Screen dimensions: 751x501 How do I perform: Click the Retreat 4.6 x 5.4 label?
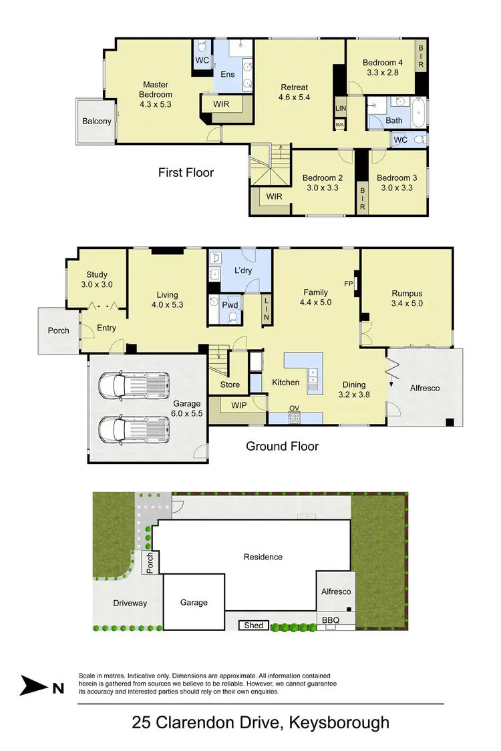(x=294, y=92)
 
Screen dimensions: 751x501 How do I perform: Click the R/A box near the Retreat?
(x=339, y=124)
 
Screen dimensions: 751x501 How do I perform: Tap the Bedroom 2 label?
(x=323, y=182)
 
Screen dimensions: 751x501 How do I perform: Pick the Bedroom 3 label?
(x=397, y=182)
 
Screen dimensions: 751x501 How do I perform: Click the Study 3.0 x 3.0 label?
(x=97, y=280)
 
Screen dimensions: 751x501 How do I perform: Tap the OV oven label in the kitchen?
(x=294, y=408)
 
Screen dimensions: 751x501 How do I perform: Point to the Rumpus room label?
(x=407, y=298)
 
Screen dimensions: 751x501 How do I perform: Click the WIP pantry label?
(x=238, y=405)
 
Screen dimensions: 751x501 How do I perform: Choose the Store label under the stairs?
(x=230, y=385)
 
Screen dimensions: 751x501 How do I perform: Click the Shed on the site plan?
(x=254, y=625)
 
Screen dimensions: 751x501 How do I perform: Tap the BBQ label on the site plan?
(x=331, y=620)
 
